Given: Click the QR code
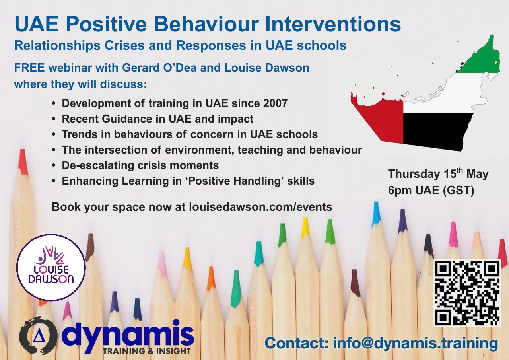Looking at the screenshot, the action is [468, 293].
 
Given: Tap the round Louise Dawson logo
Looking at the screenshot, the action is [51, 267].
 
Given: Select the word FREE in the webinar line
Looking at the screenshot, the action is [29, 68].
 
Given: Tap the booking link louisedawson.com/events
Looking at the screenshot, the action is [260, 207].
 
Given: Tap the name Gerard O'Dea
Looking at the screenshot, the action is [159, 68].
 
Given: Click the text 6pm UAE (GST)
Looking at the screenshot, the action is [431, 190].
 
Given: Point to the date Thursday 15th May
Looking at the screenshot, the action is [438, 174].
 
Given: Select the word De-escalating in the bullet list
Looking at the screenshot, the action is [98, 165].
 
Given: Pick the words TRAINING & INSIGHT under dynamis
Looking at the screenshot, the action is [147, 351].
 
